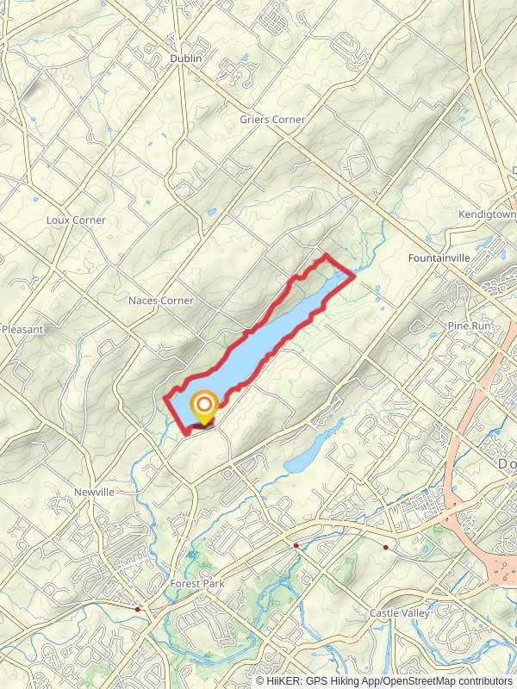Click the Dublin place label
(185, 58)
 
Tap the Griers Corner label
(272, 120)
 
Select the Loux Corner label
(76, 220)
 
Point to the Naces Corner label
(161, 301)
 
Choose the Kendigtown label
(487, 214)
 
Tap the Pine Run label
(468, 326)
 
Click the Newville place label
(94, 492)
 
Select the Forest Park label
(197, 583)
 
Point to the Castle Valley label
(400, 612)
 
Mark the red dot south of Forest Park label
(138, 609)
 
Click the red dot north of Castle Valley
(386, 547)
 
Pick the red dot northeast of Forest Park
(296, 545)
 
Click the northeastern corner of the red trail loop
(354, 276)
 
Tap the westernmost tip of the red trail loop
(165, 397)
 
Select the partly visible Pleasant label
(22, 329)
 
